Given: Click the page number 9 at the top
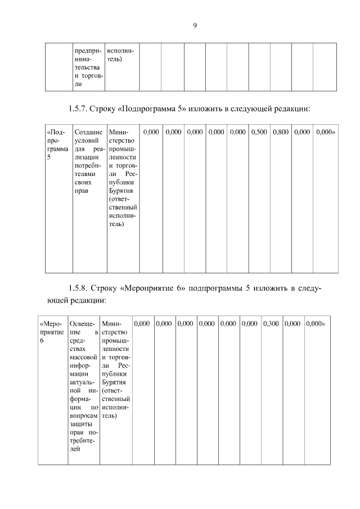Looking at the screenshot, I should [x=195, y=25].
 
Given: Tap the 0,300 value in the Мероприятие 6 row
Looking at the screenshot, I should [x=271, y=324].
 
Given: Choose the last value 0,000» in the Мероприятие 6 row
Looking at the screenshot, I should [x=317, y=324].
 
